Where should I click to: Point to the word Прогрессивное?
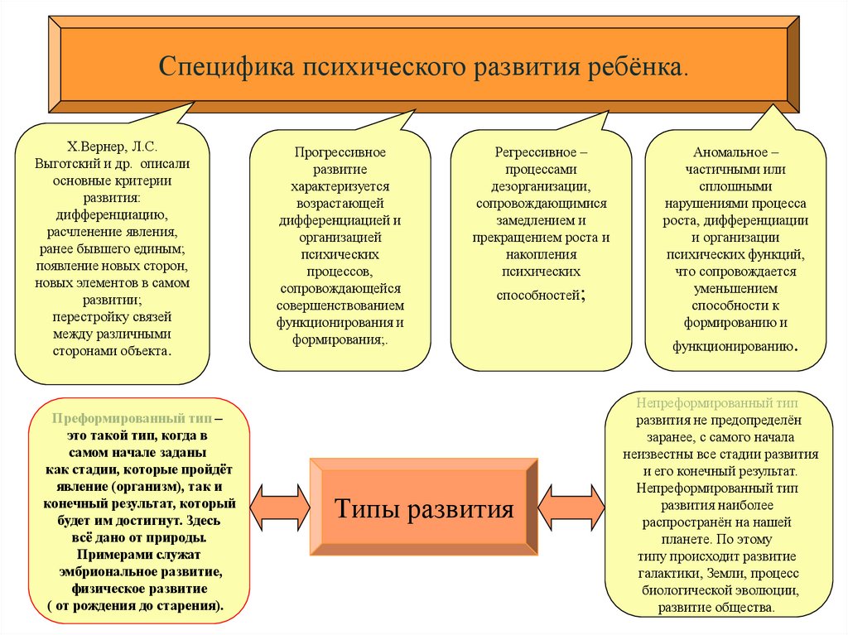click(x=340, y=152)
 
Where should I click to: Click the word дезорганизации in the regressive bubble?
click(x=543, y=187)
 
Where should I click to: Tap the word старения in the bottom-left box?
click(x=190, y=606)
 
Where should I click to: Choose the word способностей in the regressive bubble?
click(x=540, y=293)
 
